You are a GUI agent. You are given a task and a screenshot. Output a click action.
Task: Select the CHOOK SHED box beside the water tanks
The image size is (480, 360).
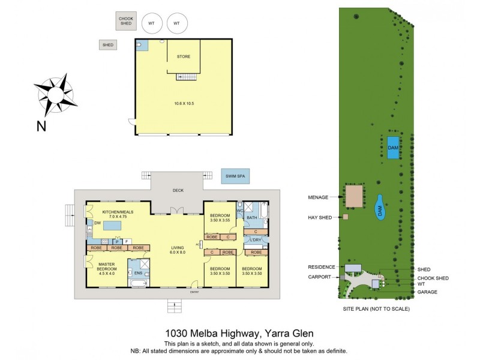(x=126, y=21)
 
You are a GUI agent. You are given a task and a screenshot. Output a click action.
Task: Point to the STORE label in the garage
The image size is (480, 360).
(x=184, y=56)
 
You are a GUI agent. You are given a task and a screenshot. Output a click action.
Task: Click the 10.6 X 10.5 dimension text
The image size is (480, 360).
(x=184, y=103)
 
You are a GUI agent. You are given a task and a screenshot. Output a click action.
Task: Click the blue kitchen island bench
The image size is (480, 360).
(x=113, y=225)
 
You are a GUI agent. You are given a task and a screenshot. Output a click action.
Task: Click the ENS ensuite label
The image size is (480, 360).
(x=138, y=273)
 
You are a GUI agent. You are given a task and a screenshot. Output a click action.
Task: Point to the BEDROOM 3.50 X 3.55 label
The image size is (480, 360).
(x=220, y=218)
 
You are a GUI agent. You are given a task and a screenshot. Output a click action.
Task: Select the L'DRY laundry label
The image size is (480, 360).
(x=254, y=241)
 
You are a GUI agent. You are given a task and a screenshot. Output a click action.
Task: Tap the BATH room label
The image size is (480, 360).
(x=252, y=218)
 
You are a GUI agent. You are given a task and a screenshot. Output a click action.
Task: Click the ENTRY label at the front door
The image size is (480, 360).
(x=194, y=292)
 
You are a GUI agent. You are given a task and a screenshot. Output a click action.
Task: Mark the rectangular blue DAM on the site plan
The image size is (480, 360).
(x=393, y=147)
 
